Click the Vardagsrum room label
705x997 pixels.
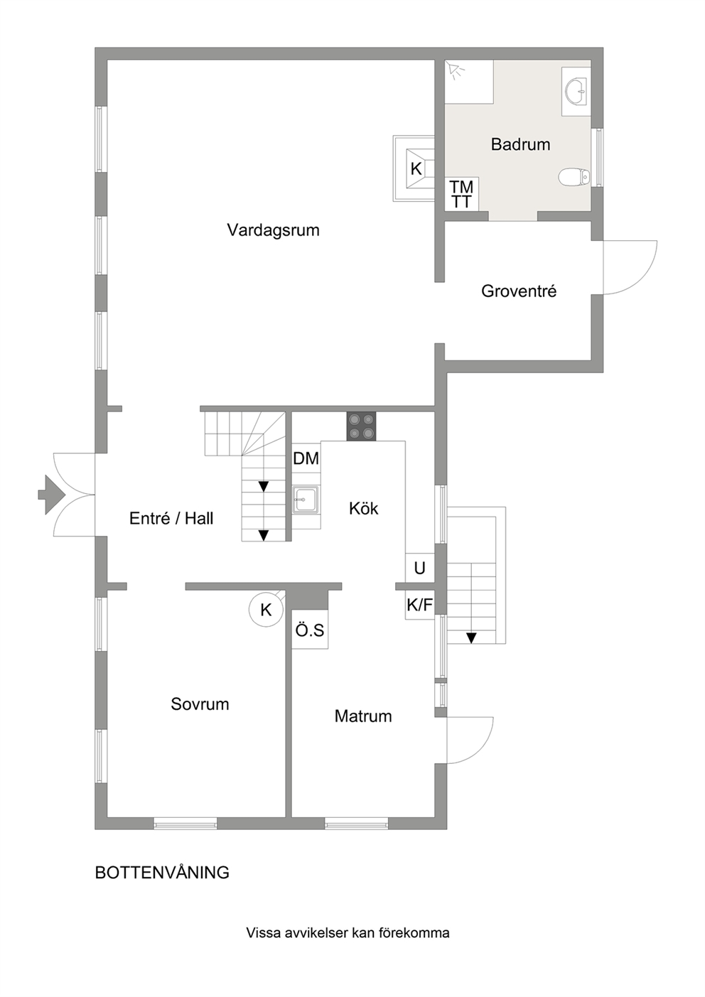tap(274, 230)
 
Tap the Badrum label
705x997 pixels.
tap(520, 144)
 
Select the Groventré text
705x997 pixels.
tap(519, 291)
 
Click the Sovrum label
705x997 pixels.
tap(200, 704)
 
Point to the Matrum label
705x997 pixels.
tap(363, 716)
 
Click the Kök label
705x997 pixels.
tap(364, 508)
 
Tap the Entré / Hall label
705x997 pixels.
tap(171, 518)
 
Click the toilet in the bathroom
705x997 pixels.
tap(574, 177)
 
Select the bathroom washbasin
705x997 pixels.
tap(576, 92)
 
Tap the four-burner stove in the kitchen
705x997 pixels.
tap(361, 426)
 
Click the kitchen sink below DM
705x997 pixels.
tap(306, 500)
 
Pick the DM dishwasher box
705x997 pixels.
tap(306, 458)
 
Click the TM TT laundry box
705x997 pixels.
tap(461, 194)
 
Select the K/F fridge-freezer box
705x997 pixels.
tap(420, 605)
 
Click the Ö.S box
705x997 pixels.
tap(310, 630)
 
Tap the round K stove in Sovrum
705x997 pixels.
tap(267, 609)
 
